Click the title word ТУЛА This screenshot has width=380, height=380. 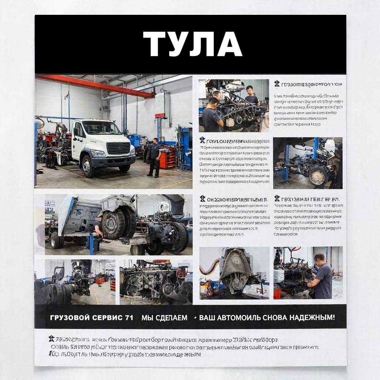coord(193,44)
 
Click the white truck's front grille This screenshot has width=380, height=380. coord(118,148)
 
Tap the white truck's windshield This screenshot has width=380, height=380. coord(101,128)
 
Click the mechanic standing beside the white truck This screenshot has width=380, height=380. coord(154,157)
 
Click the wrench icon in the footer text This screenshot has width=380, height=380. coord(51,338)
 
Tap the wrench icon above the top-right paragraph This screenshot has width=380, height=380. coord(277,84)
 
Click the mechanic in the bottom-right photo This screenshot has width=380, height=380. coord(321,276)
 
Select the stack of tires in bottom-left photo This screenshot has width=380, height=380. coord(59,293)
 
